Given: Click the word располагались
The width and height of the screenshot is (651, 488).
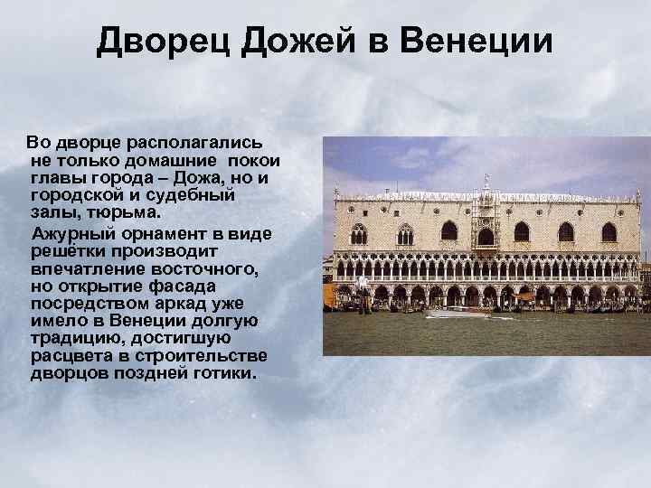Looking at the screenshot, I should tap(189, 143).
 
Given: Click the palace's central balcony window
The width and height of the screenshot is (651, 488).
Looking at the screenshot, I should tap(486, 233).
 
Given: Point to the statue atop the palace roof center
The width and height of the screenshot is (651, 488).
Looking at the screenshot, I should tap(486, 186).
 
